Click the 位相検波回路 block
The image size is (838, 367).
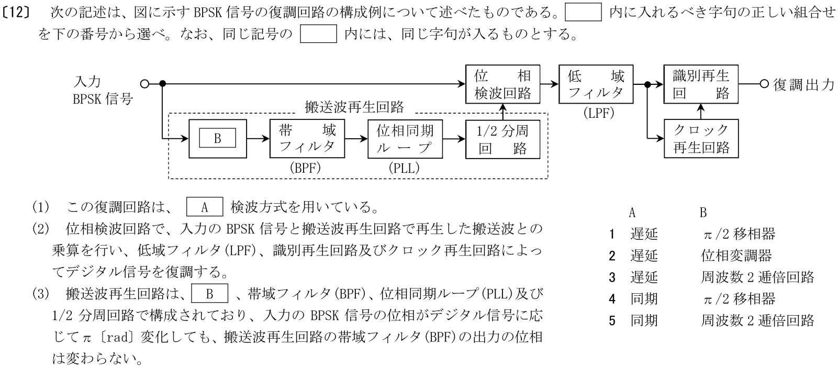click(502, 84)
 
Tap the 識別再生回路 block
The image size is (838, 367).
click(701, 84)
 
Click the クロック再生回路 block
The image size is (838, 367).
click(701, 139)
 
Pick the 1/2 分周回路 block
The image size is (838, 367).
click(502, 139)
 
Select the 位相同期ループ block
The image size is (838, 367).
click(405, 139)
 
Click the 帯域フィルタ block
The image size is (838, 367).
click(307, 139)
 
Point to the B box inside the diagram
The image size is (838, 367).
click(217, 139)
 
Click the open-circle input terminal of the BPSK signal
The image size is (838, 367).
click(145, 83)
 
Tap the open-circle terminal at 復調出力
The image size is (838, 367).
click(764, 83)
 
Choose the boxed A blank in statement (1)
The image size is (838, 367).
click(205, 207)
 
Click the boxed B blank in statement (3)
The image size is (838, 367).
click(210, 293)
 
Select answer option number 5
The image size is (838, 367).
click(612, 320)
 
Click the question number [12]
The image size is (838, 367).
click(17, 13)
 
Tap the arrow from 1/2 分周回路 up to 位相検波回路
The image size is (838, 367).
click(502, 111)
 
